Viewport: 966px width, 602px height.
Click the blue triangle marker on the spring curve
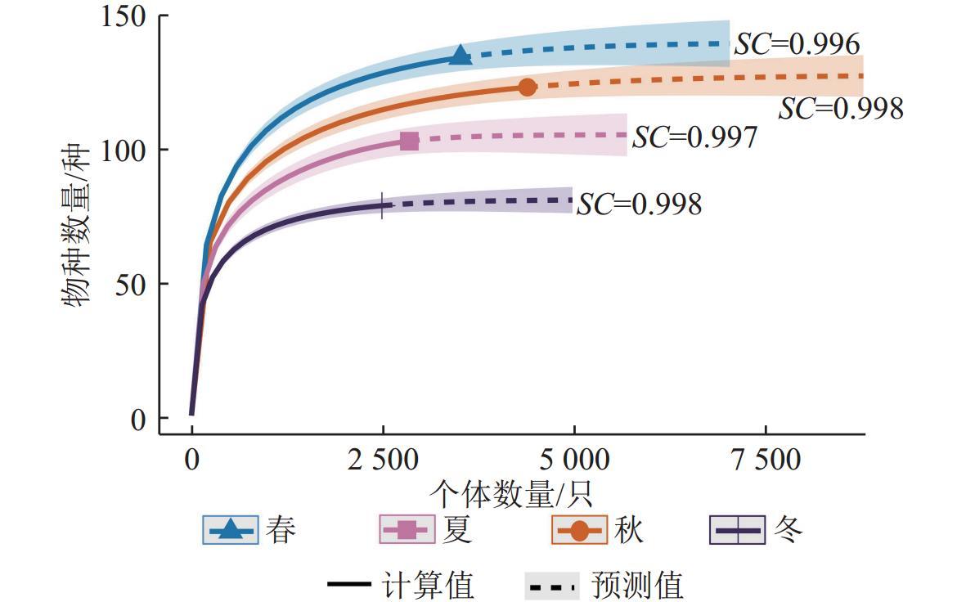(x=461, y=56)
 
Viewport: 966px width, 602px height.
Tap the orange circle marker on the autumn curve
(x=528, y=87)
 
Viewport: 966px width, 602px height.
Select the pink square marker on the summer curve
(x=410, y=141)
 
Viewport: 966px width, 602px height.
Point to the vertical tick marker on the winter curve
(x=382, y=205)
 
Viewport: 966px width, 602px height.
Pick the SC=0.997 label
(x=694, y=137)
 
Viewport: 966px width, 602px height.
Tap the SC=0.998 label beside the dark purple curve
(x=639, y=204)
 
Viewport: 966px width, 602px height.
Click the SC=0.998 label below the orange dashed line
(x=840, y=109)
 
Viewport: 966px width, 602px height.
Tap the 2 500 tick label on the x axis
(x=382, y=460)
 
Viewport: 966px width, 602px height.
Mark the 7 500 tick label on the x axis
(x=766, y=460)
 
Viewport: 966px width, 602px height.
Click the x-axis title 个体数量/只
(x=510, y=493)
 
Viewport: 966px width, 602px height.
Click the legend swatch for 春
(x=231, y=530)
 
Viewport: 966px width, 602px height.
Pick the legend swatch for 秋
(x=580, y=530)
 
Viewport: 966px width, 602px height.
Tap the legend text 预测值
(x=636, y=586)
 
